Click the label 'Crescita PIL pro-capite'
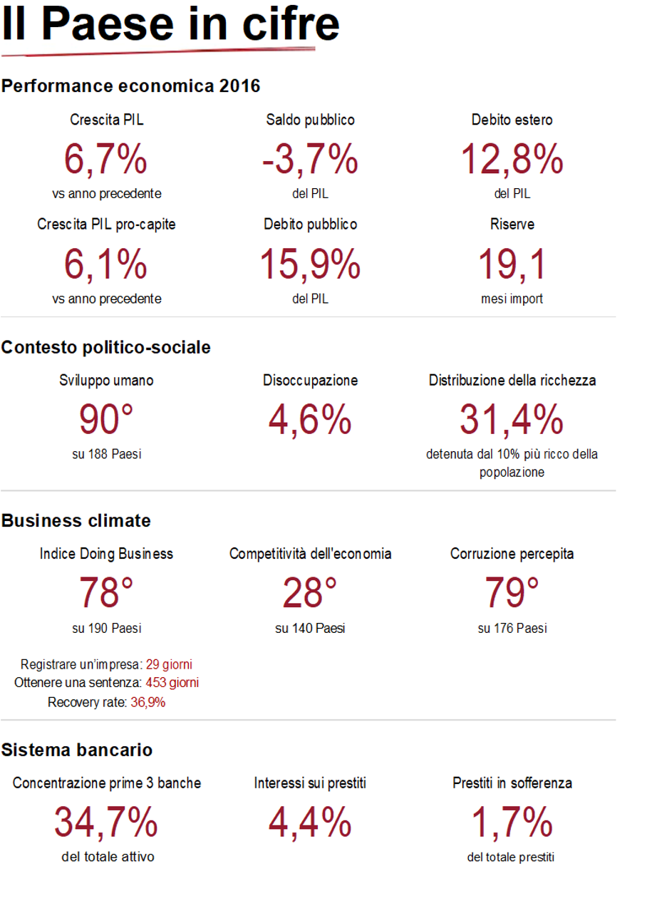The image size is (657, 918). (106, 225)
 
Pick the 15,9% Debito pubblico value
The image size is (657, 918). (310, 264)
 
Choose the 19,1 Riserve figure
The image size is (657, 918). (512, 264)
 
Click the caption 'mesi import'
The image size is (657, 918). (512, 299)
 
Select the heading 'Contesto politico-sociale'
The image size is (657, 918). (106, 347)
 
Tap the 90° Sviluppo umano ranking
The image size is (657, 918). (106, 420)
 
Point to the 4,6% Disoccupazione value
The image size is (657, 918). (310, 420)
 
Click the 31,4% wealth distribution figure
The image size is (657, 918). (512, 420)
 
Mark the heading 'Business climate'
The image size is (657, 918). (76, 521)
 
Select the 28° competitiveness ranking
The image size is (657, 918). (310, 592)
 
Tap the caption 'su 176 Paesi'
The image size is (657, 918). (512, 629)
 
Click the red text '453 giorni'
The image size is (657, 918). (172, 683)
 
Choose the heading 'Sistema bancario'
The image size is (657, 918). (77, 750)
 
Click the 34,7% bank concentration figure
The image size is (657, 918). (106, 822)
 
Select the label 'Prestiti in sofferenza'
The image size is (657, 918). (512, 783)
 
